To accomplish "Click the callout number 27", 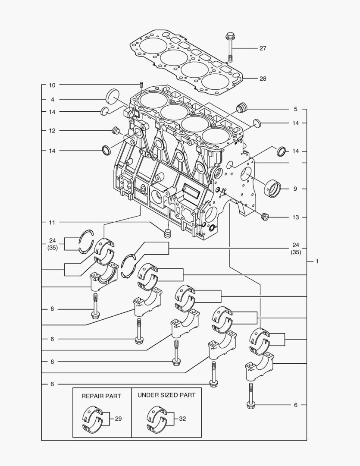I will (263, 48).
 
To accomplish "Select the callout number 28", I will (263, 79).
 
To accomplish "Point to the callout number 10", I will (52, 85).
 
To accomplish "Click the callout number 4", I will (52, 100).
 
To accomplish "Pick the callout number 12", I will (52, 131).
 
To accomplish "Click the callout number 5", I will (296, 109).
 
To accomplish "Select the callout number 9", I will (296, 189).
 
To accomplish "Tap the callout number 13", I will (296, 217).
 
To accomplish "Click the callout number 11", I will (52, 223).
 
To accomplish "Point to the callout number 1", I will (317, 261).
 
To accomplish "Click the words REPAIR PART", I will (101, 396).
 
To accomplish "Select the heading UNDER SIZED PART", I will (166, 395).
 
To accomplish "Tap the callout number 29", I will (119, 419).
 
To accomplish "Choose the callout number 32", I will (182, 419).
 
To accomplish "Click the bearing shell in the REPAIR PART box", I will (93, 418).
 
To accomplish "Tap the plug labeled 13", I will (265, 217).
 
